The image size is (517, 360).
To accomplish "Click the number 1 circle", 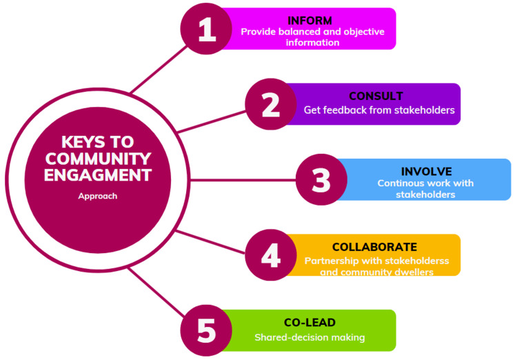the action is click(207, 29).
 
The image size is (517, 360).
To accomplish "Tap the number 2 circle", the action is click(271, 104).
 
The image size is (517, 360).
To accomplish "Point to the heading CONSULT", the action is click(376, 96).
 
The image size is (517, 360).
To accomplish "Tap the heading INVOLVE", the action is click(426, 171).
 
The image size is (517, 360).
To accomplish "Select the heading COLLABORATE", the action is click(374, 246).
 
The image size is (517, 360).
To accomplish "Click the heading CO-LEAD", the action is click(310, 322).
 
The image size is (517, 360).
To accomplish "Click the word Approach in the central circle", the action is click(97, 196).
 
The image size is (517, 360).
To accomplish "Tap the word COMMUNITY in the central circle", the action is click(97, 159).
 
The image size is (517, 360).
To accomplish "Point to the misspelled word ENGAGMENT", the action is click(97, 174).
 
